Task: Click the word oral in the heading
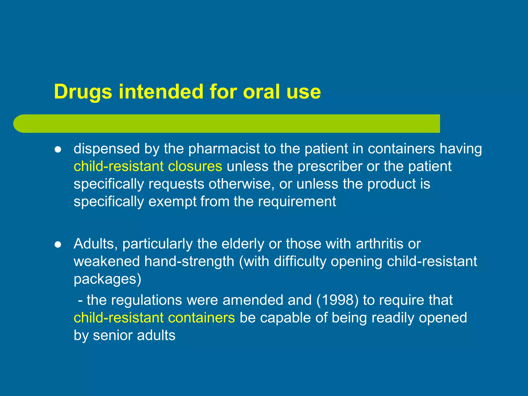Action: click(262, 92)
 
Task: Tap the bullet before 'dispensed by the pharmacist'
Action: click(58, 150)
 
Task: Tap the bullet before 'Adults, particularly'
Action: click(58, 244)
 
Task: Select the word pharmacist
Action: click(224, 149)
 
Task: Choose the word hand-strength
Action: click(189, 261)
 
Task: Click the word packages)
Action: click(108, 279)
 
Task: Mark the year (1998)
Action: click(337, 300)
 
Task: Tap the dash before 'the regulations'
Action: click(80, 301)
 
